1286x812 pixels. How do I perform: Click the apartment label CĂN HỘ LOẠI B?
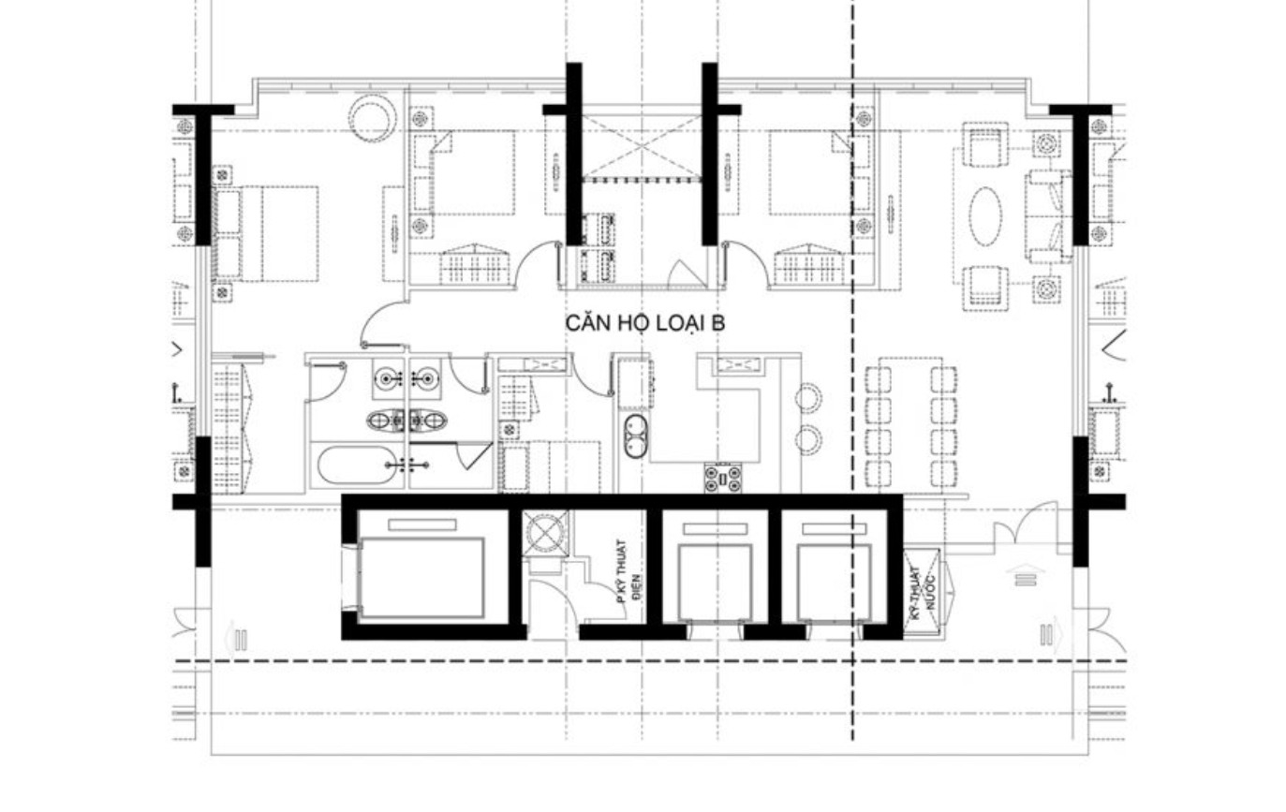(x=645, y=323)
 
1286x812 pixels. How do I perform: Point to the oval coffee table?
(x=984, y=216)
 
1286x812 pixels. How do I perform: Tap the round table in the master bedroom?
(x=371, y=117)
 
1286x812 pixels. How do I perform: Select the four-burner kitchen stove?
(x=723, y=479)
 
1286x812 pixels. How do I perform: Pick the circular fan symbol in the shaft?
(x=544, y=532)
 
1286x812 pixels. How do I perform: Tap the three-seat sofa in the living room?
(x=1049, y=215)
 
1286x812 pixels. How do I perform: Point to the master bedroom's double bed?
(x=267, y=233)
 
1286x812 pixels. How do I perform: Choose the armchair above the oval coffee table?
(x=985, y=148)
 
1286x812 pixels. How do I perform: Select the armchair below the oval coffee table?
(x=985, y=287)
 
